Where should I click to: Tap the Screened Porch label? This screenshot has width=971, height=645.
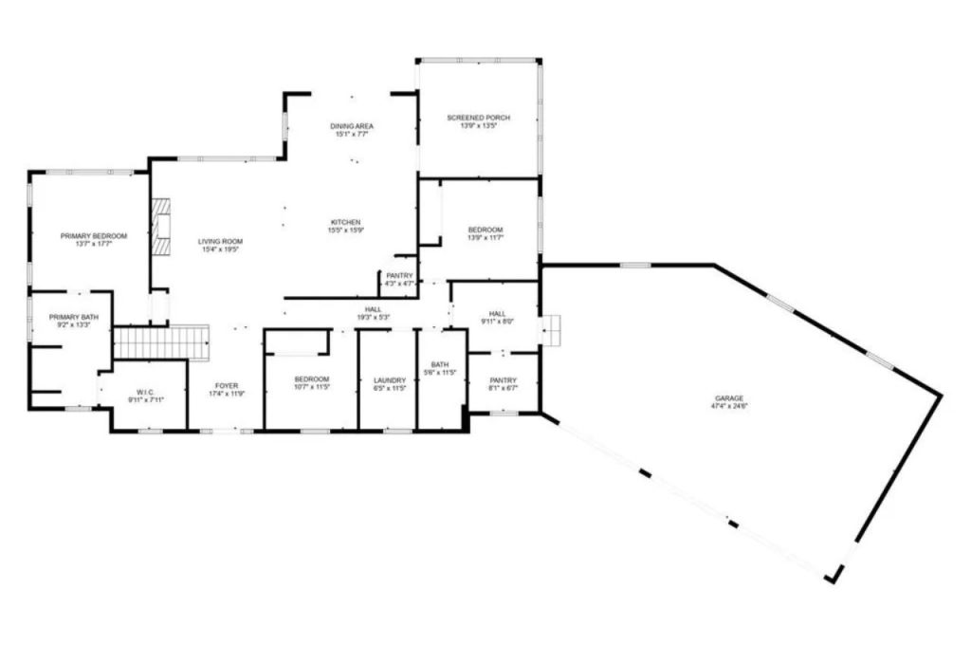(478, 118)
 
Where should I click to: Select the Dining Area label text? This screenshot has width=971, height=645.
(352, 126)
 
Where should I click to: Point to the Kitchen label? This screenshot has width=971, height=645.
(345, 222)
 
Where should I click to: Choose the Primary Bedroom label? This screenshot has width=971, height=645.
(94, 235)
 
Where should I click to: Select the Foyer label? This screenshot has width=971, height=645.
(226, 386)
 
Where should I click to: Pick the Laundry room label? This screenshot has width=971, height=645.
(389, 380)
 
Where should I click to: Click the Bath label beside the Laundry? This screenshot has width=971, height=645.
(439, 364)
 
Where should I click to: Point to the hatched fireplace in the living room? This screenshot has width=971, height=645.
(161, 228)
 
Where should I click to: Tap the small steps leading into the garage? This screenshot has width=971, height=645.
(553, 329)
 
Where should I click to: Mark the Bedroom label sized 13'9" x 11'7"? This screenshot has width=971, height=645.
(485, 230)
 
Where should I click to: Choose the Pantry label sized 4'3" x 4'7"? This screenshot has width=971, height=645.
(398, 275)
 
